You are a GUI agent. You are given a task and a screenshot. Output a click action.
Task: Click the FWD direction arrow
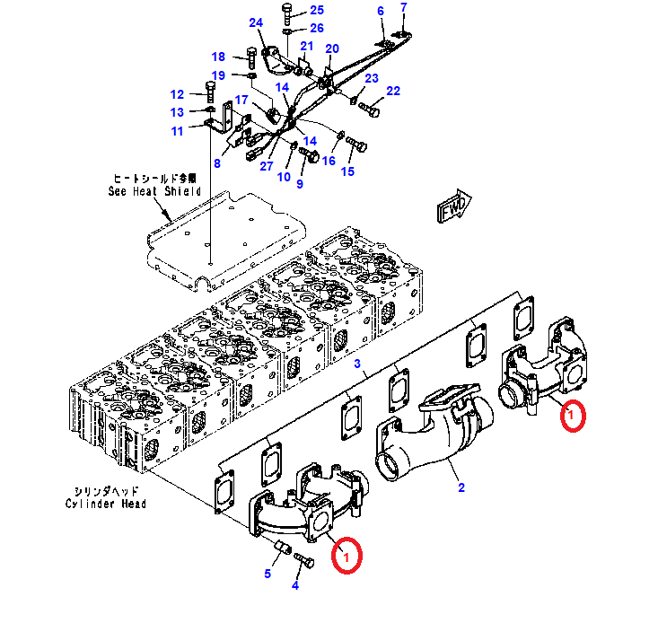[454, 206]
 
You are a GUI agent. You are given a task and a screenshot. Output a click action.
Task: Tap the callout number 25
[317, 10]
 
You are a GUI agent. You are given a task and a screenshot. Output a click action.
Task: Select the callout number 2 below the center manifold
[461, 487]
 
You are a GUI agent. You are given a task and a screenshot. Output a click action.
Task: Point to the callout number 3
[357, 364]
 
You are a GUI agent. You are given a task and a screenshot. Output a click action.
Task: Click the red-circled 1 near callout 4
[347, 556]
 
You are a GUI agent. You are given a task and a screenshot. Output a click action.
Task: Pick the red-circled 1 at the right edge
[573, 416]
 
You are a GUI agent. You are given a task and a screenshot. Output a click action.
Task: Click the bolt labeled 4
[304, 560]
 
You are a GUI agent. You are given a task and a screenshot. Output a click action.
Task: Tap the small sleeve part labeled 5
[281, 547]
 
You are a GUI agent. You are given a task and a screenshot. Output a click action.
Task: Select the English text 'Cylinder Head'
[105, 504]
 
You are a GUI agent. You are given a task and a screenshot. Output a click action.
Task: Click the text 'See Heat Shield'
[154, 191]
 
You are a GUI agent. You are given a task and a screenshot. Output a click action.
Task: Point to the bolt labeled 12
[211, 92]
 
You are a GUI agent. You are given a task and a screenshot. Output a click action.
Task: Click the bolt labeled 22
[368, 109]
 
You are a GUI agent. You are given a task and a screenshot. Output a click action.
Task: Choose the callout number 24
[256, 22]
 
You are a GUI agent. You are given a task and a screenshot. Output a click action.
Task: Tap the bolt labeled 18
[251, 58]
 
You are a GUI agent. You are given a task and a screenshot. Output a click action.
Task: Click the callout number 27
[267, 166]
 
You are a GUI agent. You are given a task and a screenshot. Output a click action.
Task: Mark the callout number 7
[404, 7]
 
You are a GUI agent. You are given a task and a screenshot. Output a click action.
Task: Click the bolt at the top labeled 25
[287, 15]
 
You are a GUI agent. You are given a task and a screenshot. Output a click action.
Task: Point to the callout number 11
[178, 131]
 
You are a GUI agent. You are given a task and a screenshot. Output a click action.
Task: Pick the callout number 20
[332, 48]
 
